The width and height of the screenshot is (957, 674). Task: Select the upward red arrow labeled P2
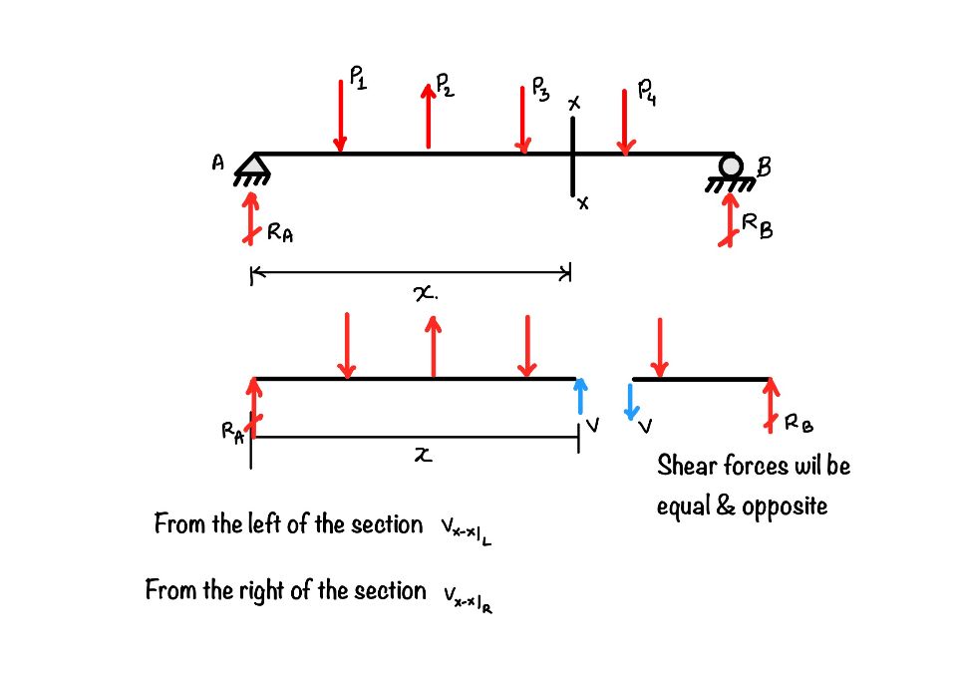tap(429, 117)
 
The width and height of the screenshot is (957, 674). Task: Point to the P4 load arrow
tap(625, 122)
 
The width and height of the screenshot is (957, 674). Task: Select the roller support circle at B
tap(733, 167)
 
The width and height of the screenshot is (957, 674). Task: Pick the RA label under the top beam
tap(280, 234)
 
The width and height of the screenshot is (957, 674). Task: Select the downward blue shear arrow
tap(630, 401)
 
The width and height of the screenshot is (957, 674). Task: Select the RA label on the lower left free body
tap(232, 432)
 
